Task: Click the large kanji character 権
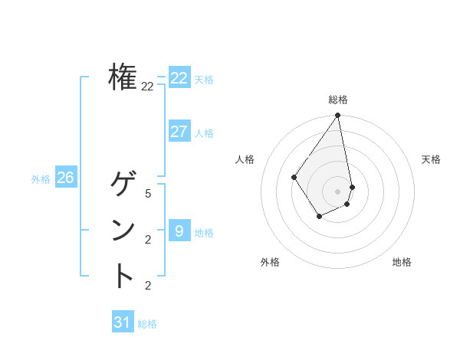pyautogui.click(x=123, y=77)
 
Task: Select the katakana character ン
pyautogui.click(x=123, y=231)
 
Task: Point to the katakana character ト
pyautogui.click(x=123, y=276)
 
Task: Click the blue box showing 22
pyautogui.click(x=179, y=78)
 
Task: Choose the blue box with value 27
pyautogui.click(x=179, y=132)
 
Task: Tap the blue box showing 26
pyautogui.click(x=65, y=178)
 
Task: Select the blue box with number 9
pyautogui.click(x=179, y=231)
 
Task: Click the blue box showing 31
pyautogui.click(x=122, y=322)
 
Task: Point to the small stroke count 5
pyautogui.click(x=148, y=194)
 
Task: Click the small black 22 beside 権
pyautogui.click(x=147, y=87)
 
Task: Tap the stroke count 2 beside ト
pyautogui.click(x=148, y=286)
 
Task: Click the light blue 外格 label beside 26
pyautogui.click(x=41, y=179)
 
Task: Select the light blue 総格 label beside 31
pyautogui.click(x=147, y=324)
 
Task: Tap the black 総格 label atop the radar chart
pyautogui.click(x=337, y=100)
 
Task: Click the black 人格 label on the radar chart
pyautogui.click(x=245, y=159)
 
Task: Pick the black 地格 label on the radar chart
pyautogui.click(x=402, y=262)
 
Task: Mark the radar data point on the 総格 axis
pyautogui.click(x=337, y=116)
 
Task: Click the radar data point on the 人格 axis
pyautogui.click(x=294, y=178)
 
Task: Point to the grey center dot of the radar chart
pyautogui.click(x=337, y=191)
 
